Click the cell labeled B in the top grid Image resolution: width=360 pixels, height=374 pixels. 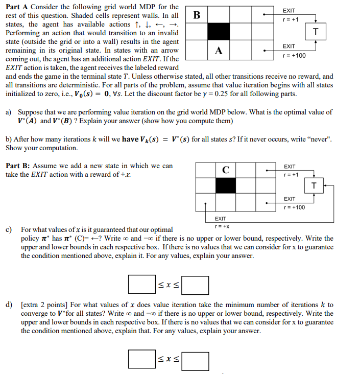coord(196,14)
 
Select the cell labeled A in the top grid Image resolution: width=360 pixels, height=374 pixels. coord(219,50)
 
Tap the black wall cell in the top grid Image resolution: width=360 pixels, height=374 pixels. coord(219,32)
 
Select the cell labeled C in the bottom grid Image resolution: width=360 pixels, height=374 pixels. coord(225,169)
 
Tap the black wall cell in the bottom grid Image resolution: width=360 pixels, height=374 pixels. coord(225,185)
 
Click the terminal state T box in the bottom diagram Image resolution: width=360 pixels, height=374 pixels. coord(314,184)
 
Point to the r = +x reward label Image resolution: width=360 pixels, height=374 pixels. coord(222,225)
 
